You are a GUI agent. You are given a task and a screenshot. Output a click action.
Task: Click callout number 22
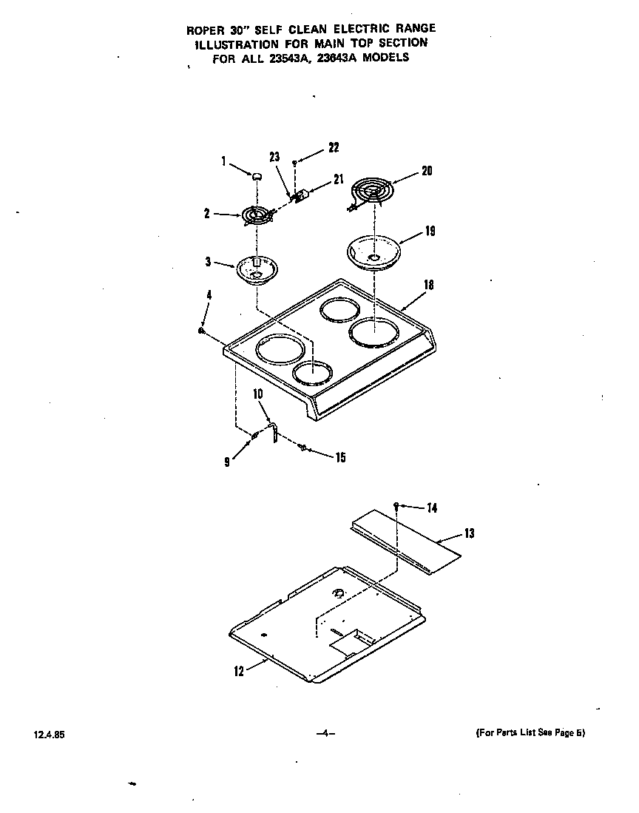coord(334,147)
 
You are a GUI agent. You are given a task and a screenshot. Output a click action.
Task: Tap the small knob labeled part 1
coord(257,176)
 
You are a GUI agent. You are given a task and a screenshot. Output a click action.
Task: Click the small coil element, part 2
coord(257,215)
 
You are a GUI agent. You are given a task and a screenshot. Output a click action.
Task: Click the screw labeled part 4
coord(201,331)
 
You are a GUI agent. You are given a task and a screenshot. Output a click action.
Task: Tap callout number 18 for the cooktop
coord(429,284)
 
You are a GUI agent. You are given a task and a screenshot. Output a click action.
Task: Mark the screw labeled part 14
coord(397,505)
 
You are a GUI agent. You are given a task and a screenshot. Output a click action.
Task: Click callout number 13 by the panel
coord(469,533)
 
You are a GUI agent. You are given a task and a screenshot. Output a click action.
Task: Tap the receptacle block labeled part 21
coord(300,198)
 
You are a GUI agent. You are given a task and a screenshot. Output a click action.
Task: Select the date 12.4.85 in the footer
coord(44,735)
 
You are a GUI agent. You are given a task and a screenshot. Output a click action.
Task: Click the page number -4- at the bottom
coord(326,734)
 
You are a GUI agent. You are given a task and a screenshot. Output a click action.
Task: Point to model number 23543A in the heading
coord(296,58)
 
